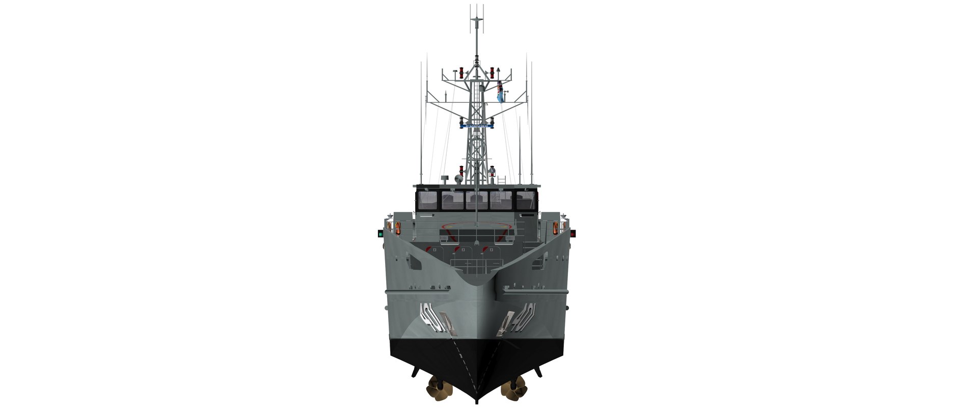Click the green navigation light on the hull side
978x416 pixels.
[x=379, y=234]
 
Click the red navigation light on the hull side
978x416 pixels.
[x=573, y=233]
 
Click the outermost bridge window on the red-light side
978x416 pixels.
[x=526, y=200]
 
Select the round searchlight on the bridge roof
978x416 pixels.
[x=458, y=179]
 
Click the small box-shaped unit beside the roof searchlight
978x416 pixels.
[x=445, y=178]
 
